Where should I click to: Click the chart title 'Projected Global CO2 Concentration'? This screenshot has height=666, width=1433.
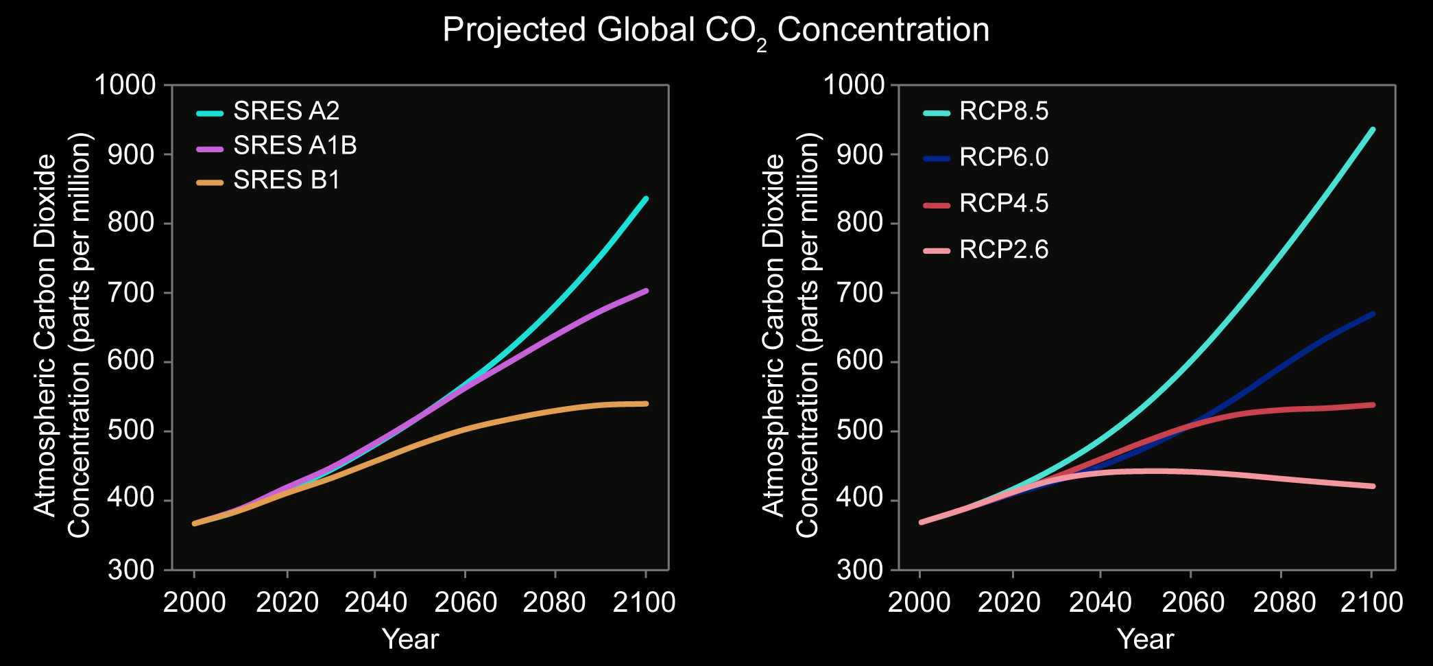pyautogui.click(x=716, y=31)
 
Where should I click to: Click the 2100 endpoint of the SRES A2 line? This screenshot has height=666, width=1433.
pyautogui.click(x=646, y=199)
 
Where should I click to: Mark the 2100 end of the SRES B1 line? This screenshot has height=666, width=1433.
pyautogui.click(x=646, y=403)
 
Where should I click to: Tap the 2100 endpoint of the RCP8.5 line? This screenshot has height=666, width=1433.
pyautogui.click(x=1373, y=130)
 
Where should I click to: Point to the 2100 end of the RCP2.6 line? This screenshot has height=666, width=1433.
pyautogui.click(x=1373, y=486)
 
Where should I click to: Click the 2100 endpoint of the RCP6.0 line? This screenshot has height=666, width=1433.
pyautogui.click(x=1373, y=314)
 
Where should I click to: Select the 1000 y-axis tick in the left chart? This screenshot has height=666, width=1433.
pyautogui.click(x=125, y=85)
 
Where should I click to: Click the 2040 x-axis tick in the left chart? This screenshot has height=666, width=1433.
pyautogui.click(x=375, y=602)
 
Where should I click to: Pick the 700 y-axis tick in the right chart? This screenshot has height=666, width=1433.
pyautogui.click(x=854, y=293)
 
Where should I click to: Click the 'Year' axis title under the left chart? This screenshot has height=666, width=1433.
pyautogui.click(x=410, y=639)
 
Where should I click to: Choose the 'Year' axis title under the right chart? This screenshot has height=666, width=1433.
pyautogui.click(x=1146, y=639)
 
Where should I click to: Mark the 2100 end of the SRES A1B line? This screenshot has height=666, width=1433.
pyautogui.click(x=646, y=291)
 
